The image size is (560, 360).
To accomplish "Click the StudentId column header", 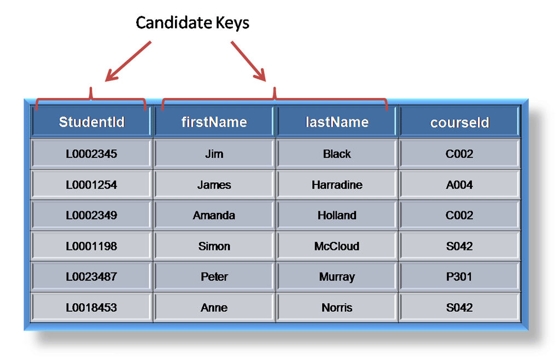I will click(x=91, y=121).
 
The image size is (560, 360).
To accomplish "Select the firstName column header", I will click(x=214, y=121).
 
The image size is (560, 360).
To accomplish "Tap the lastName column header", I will click(x=337, y=121).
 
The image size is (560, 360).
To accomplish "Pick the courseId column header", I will click(x=459, y=122).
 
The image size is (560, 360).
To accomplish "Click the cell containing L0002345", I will click(x=91, y=154).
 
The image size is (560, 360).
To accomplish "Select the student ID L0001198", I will click(x=91, y=246).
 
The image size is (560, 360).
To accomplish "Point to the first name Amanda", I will click(x=214, y=216).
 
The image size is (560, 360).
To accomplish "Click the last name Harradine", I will click(x=337, y=185).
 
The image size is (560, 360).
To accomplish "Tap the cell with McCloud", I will click(x=337, y=246).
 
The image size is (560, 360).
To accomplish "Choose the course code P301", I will click(x=459, y=277).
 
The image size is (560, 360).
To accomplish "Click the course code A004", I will click(x=459, y=185).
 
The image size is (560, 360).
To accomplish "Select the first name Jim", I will click(x=214, y=154).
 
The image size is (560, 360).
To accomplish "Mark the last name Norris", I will click(x=337, y=307).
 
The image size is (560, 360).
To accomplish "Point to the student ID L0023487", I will click(x=91, y=277).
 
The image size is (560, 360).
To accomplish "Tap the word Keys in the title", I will click(x=230, y=22).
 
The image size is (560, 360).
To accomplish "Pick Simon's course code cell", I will click(x=459, y=246).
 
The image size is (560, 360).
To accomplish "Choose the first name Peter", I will click(x=214, y=277).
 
